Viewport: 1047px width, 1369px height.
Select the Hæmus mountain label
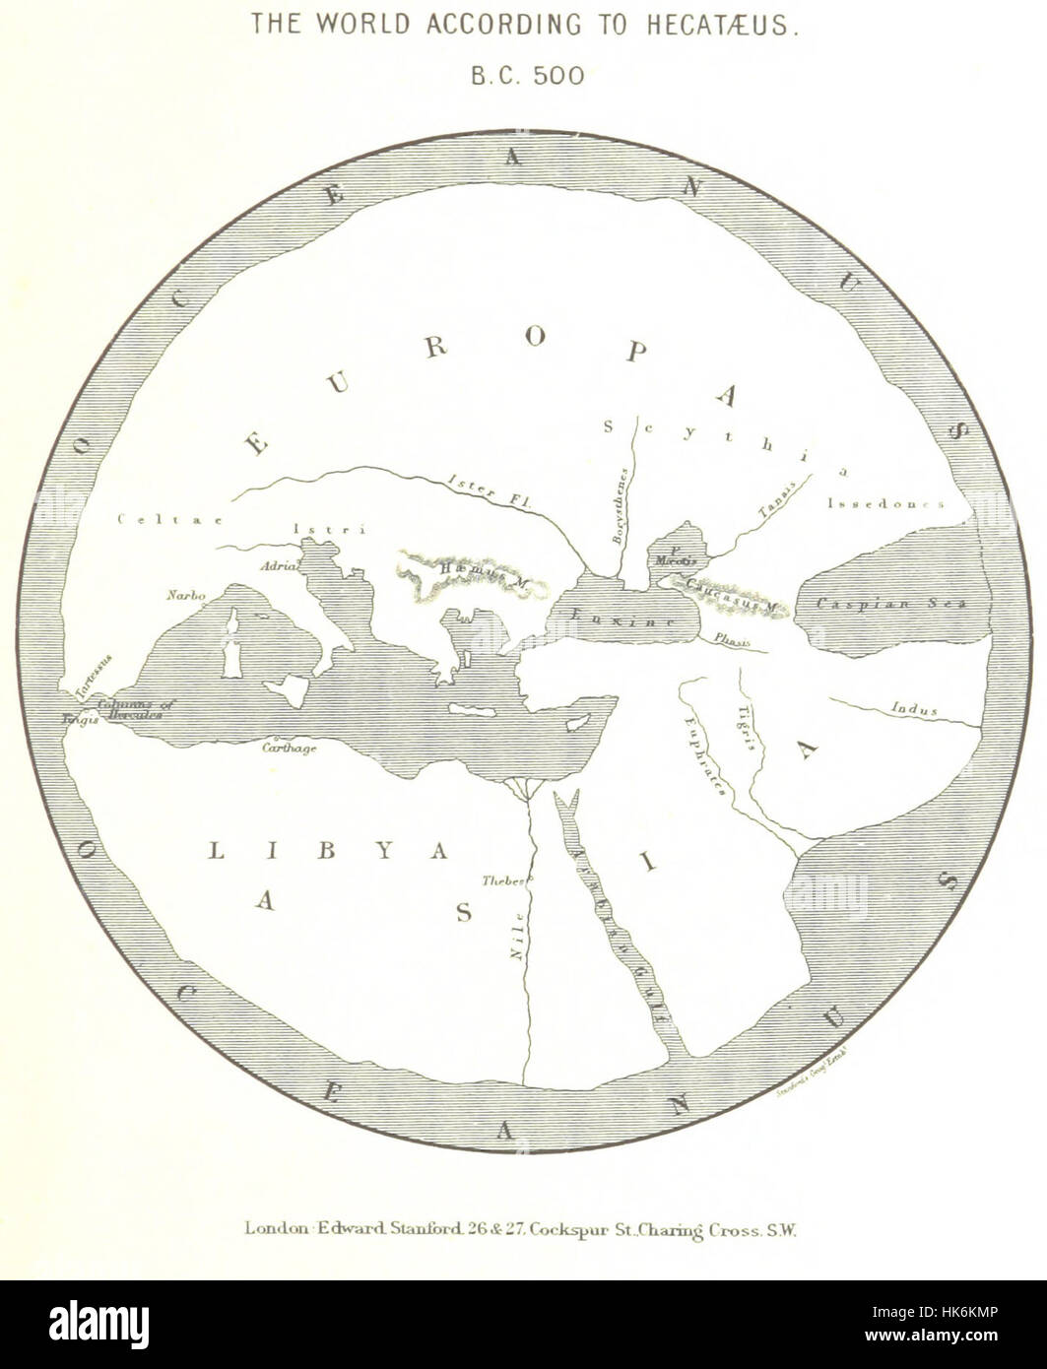pyautogui.click(x=489, y=583)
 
